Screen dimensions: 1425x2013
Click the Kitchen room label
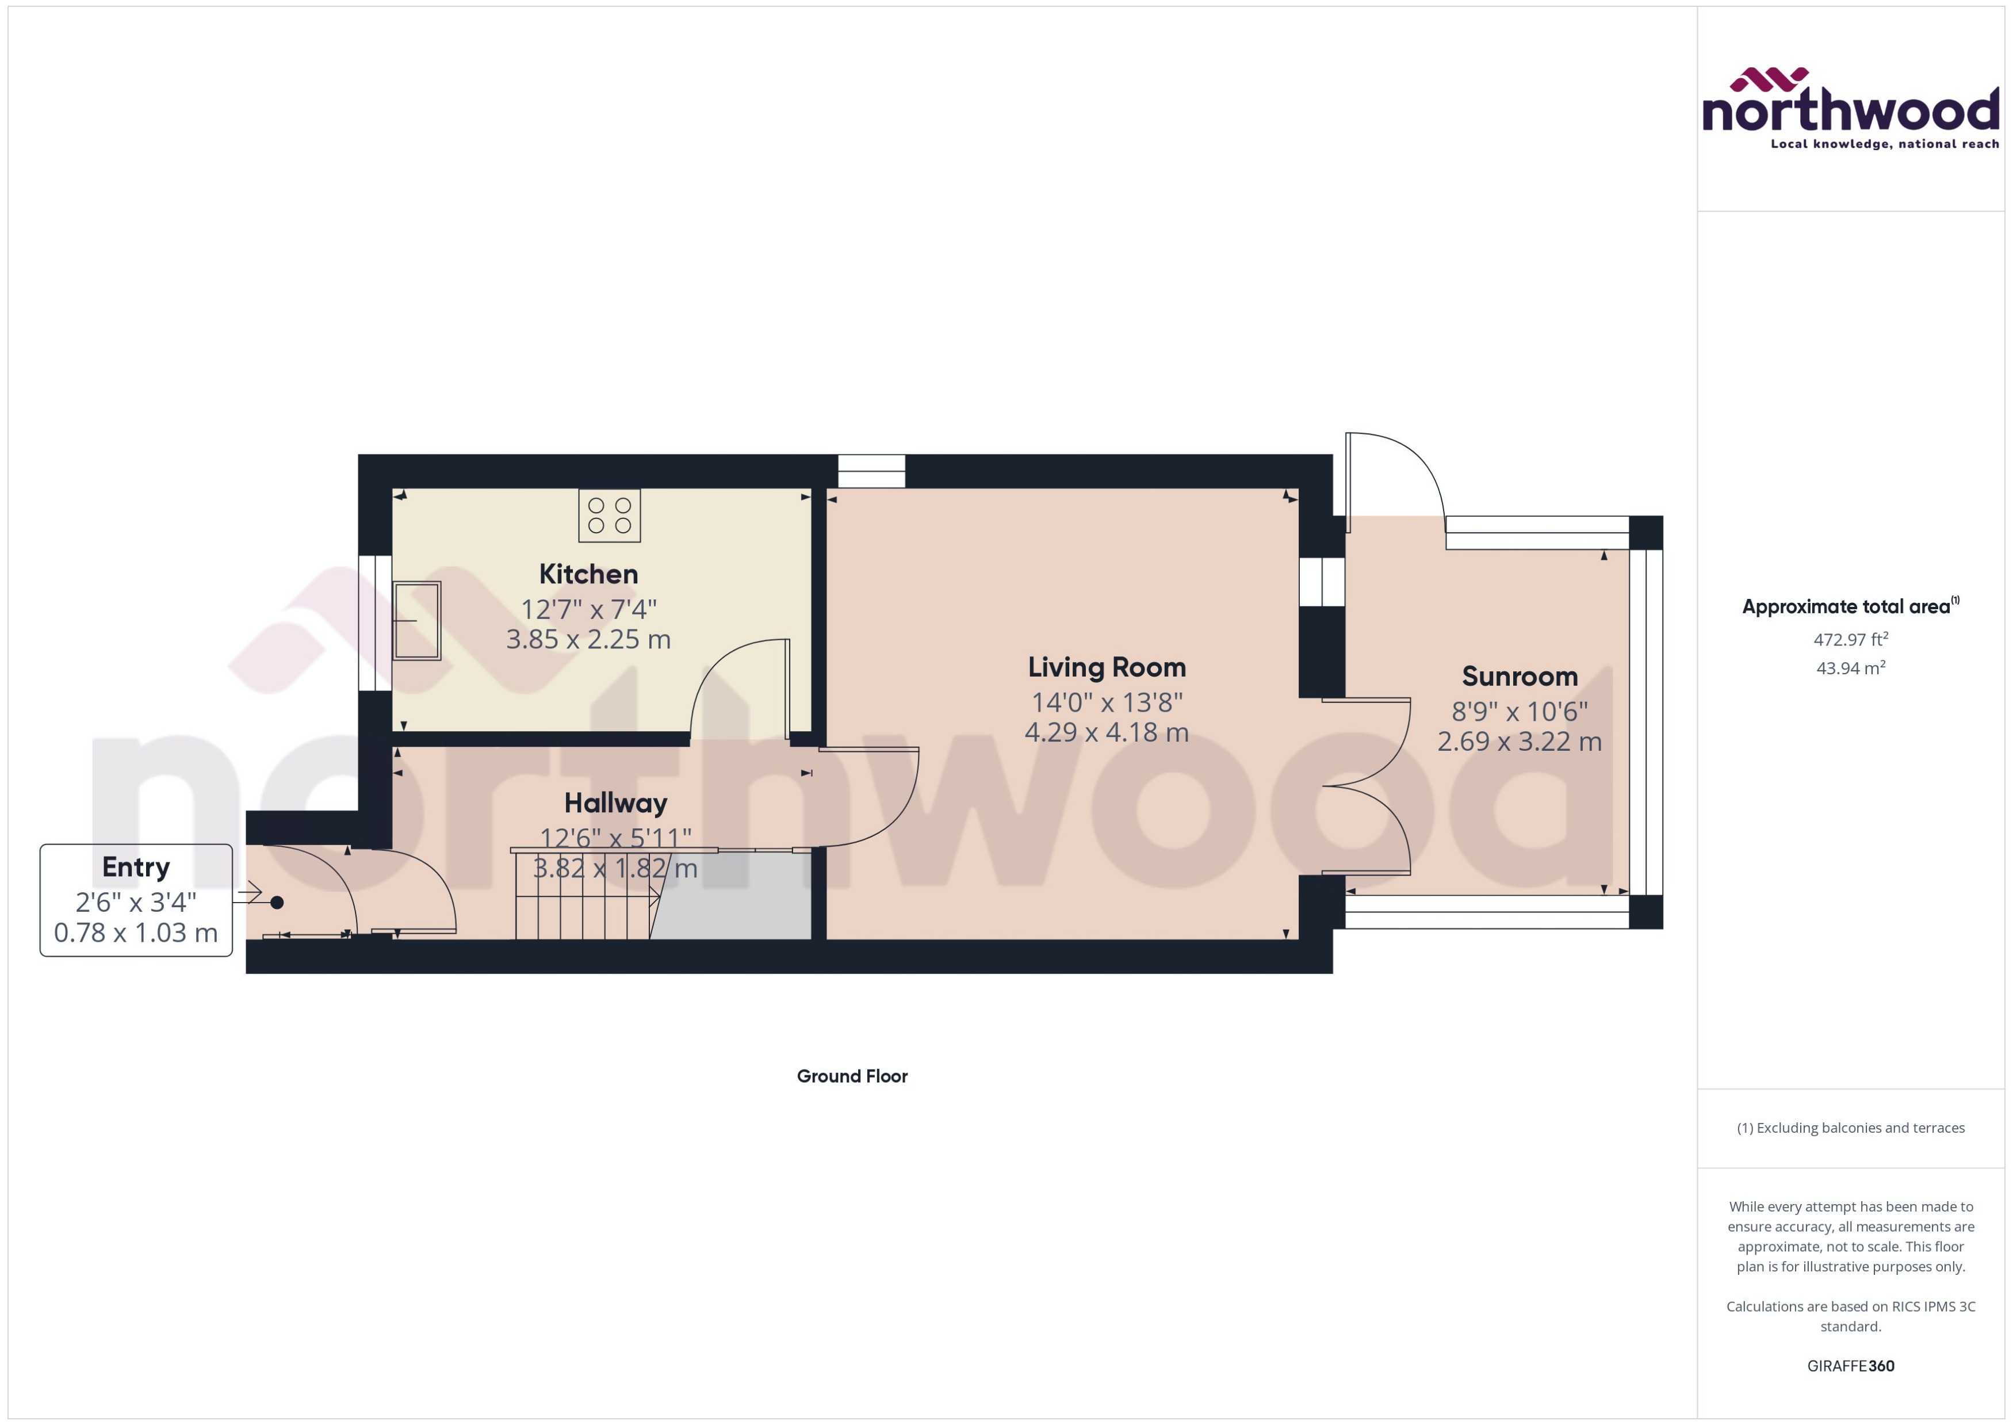tap(588, 574)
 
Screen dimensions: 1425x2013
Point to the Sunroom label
tap(1519, 677)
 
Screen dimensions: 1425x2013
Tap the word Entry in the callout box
tap(136, 867)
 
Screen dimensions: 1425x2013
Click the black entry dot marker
tap(277, 902)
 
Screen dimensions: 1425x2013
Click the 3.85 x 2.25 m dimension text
tap(588, 640)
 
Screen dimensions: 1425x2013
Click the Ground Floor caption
tap(852, 1076)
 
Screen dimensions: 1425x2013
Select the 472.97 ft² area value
tap(1850, 640)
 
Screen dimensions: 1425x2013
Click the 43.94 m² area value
tap(1850, 668)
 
